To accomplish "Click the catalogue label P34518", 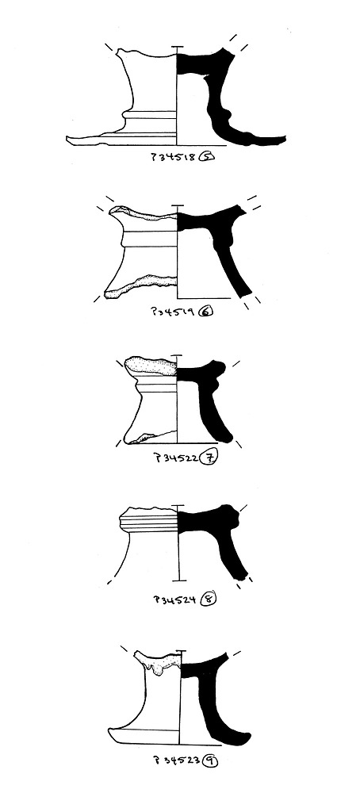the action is point(174,156).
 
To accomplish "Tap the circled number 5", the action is point(205,156).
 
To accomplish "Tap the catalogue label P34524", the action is point(175,599).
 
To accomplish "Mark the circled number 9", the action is point(210,760).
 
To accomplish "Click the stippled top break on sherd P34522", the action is point(151,366).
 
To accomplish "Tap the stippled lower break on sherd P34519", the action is point(140,286).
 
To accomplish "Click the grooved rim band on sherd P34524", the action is point(148,522).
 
